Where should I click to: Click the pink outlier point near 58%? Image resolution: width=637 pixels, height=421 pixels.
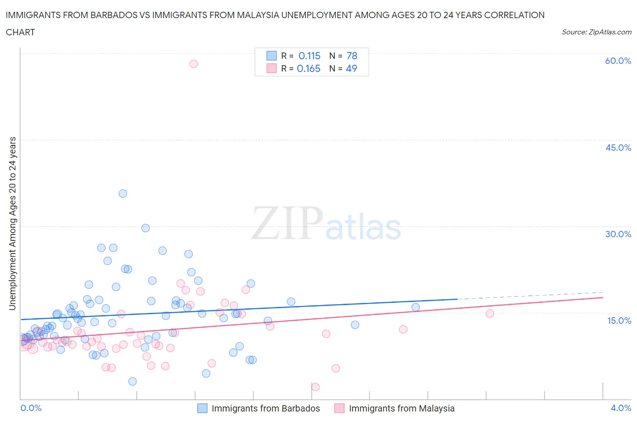pos(193,64)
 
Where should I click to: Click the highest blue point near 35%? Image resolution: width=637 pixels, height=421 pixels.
pos(123,193)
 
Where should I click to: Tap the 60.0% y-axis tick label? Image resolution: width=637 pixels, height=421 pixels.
pos(618,61)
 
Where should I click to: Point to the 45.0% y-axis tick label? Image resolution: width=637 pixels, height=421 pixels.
pos(618,148)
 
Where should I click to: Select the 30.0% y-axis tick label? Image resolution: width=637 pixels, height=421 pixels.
pos(618,234)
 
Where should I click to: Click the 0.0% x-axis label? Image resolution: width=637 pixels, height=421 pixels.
pos(31,408)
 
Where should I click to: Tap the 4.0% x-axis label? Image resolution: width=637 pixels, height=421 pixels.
pos(621,408)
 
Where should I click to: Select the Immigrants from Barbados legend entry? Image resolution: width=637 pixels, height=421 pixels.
pos(265,408)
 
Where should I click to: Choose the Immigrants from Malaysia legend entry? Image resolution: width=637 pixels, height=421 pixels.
pos(401,408)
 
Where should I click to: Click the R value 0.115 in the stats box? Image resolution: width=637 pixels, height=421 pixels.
pos(309,56)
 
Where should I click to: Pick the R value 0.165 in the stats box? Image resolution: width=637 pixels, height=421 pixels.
pos(309,68)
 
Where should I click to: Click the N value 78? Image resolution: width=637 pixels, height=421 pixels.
pos(352,56)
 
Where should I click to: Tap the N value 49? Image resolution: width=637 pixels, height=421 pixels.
pos(352,68)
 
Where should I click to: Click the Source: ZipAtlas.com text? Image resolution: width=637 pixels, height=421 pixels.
pos(596,32)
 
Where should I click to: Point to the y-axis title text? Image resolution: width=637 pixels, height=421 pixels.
pos(12,224)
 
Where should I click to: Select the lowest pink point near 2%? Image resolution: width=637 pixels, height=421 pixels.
pos(315,387)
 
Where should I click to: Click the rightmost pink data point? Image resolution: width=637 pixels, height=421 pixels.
pos(489,313)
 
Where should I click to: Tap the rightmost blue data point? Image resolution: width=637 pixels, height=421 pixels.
pos(415,307)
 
